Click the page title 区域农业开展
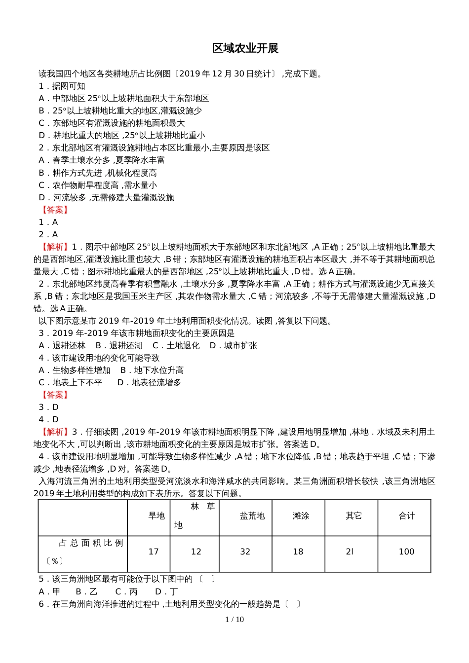(x=245, y=48)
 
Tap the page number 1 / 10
(x=234, y=620)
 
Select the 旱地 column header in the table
(x=156, y=516)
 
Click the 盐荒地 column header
(x=252, y=516)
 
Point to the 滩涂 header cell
(x=301, y=516)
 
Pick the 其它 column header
(x=353, y=516)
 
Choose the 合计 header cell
(x=407, y=516)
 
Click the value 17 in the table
(x=154, y=552)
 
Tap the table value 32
(x=245, y=552)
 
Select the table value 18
(x=298, y=552)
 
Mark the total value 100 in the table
(x=406, y=552)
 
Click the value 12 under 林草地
(x=196, y=552)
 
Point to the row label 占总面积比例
(x=91, y=543)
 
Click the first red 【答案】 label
(x=55, y=210)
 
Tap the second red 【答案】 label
(x=55, y=395)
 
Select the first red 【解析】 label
(x=55, y=247)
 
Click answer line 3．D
(x=48, y=407)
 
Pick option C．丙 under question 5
(x=126, y=591)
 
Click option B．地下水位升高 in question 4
(x=152, y=370)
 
